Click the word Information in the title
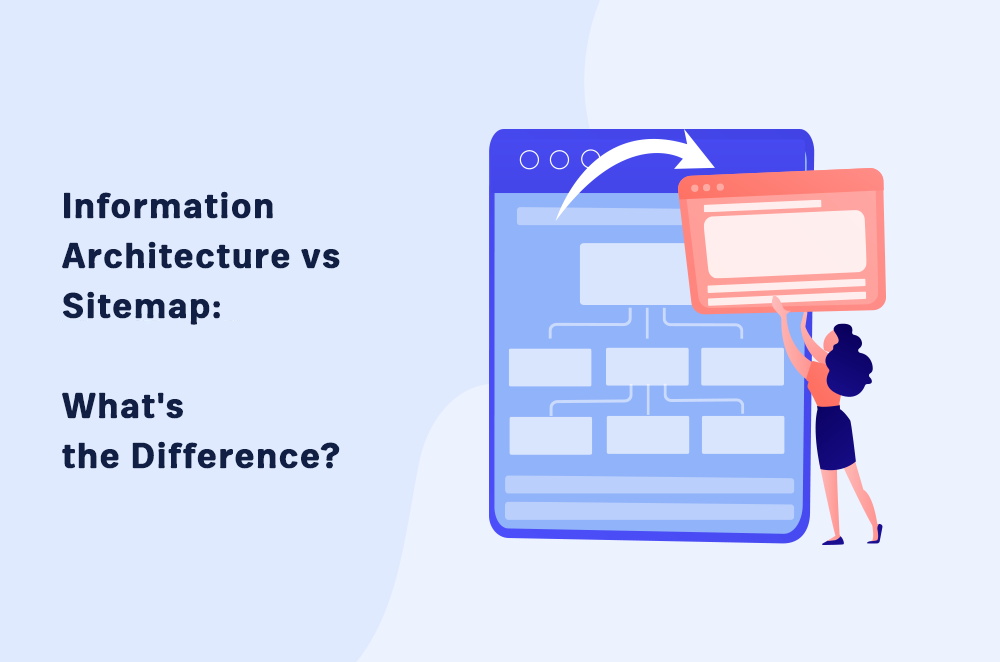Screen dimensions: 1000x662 point(168,207)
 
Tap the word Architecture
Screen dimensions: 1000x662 point(176,256)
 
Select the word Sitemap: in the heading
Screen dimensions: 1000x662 point(142,306)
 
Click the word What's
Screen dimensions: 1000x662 point(123,406)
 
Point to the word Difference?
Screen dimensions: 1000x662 point(235,456)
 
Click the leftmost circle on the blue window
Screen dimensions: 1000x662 point(529,159)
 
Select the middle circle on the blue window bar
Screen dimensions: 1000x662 point(559,159)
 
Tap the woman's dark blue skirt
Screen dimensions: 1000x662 point(834,438)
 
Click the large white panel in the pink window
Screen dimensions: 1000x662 point(784,243)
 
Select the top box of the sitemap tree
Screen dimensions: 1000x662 point(633,274)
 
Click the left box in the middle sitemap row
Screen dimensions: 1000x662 point(550,367)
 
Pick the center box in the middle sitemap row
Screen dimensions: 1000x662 point(647,367)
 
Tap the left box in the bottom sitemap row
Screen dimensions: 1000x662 point(551,436)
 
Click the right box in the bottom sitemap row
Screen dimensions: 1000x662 point(743,435)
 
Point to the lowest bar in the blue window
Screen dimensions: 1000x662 point(649,511)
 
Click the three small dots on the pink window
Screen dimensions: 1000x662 point(707,188)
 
